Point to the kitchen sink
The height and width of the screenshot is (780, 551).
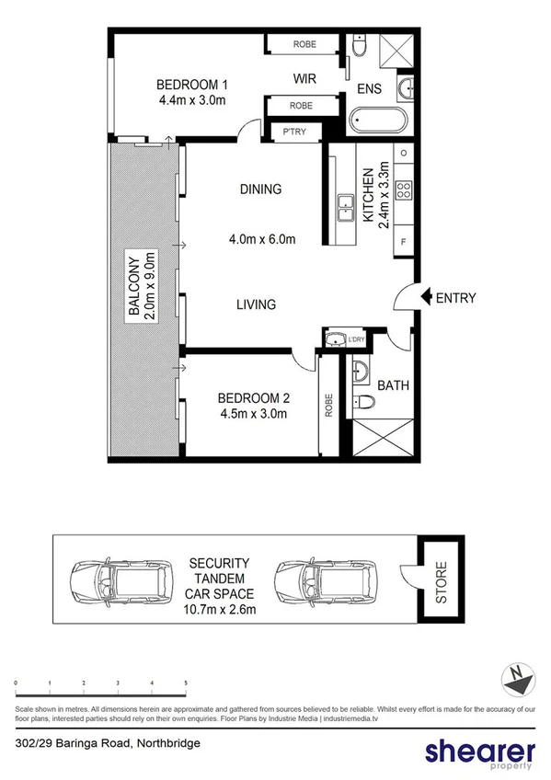tap(347, 208)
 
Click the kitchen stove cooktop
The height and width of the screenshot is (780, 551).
tap(403, 190)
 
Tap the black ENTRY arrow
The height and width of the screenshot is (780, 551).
tap(425, 297)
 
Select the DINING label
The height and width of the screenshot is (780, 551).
tap(260, 189)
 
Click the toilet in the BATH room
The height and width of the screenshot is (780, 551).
tap(363, 402)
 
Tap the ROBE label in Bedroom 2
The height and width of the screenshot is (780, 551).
tap(328, 406)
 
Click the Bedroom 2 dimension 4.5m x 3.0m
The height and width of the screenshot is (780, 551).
tap(253, 413)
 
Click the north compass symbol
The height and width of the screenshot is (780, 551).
tap(518, 682)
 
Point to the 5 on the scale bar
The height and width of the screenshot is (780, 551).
tap(186, 682)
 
